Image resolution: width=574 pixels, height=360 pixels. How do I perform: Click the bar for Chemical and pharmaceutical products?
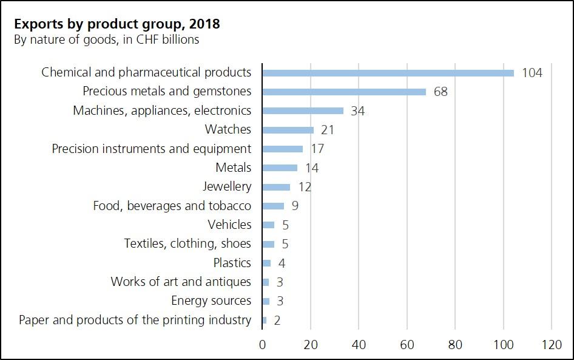point(388,73)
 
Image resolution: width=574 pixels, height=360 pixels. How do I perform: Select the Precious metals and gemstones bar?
point(344,92)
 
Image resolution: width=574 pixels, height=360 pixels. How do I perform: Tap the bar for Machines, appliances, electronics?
point(303,111)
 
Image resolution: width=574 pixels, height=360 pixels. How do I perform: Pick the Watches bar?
point(288,130)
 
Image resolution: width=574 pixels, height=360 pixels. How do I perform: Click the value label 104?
point(532,73)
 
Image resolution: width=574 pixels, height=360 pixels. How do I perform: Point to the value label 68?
point(441,92)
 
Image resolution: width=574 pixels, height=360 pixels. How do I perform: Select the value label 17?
point(317,149)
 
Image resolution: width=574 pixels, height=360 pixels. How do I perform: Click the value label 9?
point(295,206)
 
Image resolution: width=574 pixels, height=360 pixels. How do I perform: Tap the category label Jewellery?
point(227,186)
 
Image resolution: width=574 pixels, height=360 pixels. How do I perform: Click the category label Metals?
point(233,168)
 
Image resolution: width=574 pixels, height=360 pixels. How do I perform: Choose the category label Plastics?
point(232,263)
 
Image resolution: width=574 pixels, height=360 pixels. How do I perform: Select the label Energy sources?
point(211,301)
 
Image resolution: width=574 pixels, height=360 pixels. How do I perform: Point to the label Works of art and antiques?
point(181,282)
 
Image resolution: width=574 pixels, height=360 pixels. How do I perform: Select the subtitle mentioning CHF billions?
point(106,40)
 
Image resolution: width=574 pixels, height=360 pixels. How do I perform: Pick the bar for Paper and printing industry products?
point(265,320)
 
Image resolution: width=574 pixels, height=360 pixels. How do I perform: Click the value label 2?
point(277,320)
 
